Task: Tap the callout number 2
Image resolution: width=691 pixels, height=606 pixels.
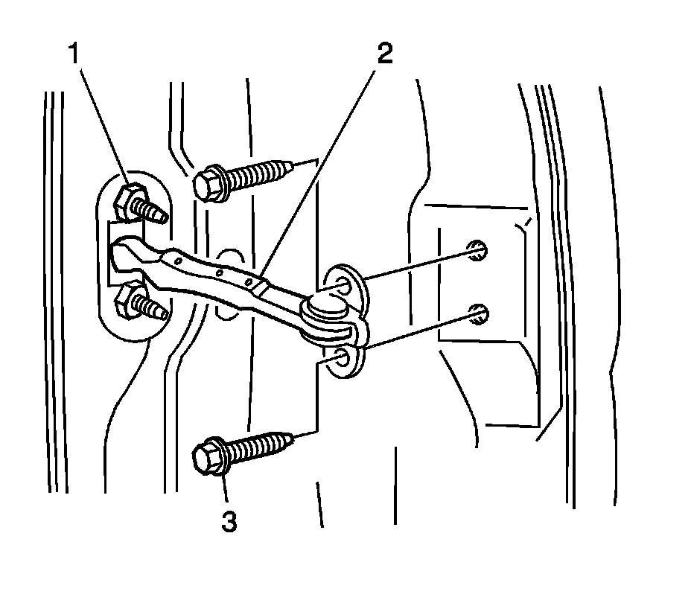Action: [x=384, y=54]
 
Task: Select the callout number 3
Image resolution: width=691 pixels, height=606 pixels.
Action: [x=229, y=520]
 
